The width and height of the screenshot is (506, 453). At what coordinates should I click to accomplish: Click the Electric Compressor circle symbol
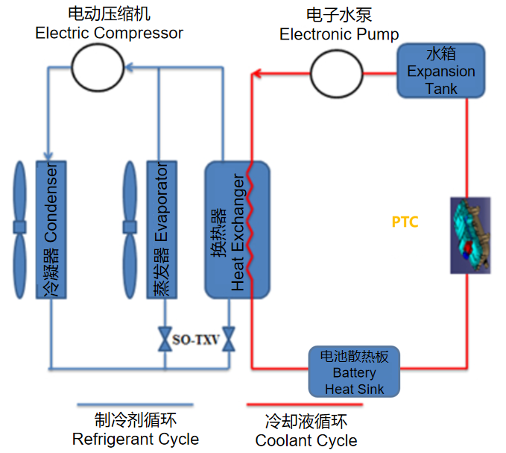point(97,66)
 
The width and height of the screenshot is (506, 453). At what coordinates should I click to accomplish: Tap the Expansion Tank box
point(441,71)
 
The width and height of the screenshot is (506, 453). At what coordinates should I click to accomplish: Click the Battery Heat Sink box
point(355,371)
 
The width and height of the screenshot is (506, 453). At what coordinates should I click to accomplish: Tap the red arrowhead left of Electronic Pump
point(255,74)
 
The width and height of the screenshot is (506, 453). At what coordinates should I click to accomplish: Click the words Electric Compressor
point(109,33)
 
